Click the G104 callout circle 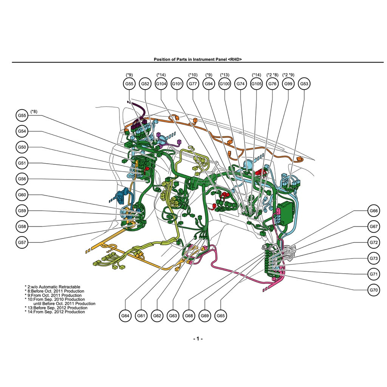point(161,84)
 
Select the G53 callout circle point(304,84)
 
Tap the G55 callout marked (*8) point(22,116)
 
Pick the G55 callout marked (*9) point(129,84)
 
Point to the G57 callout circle point(22,242)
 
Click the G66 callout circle point(374,211)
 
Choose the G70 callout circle point(374,290)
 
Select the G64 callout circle point(125,316)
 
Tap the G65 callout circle point(221,316)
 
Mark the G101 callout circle point(177,84)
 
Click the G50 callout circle point(22,147)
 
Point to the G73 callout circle point(374,259)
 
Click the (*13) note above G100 point(224,75)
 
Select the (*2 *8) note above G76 point(272,75)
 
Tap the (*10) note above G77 point(193,75)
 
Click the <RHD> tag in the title point(235,59)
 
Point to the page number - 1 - point(198,339)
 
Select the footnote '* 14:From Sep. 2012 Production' point(55,312)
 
